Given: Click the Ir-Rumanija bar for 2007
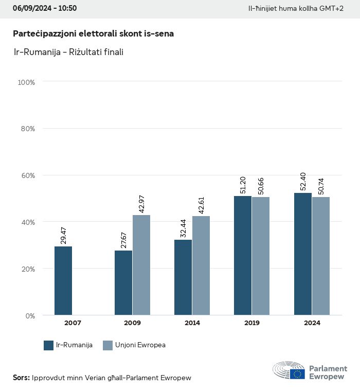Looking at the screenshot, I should coord(63,281).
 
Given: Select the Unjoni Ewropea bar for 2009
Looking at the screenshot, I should coord(141,265).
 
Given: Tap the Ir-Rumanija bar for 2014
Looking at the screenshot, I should coord(183,277).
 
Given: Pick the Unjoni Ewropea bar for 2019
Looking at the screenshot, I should coord(261,256).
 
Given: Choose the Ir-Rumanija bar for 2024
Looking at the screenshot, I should coord(303,254).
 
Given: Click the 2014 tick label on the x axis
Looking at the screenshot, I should coord(192,323).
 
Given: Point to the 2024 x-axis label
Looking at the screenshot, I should coord(312,323).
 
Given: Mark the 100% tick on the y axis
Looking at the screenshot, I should coord(26,82).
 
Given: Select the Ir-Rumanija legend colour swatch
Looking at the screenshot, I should coord(49,345).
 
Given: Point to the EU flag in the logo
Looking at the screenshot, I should coord(297,374).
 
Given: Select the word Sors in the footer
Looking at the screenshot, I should coord(21,378).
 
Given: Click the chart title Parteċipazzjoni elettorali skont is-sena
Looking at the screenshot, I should coord(93,33).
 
